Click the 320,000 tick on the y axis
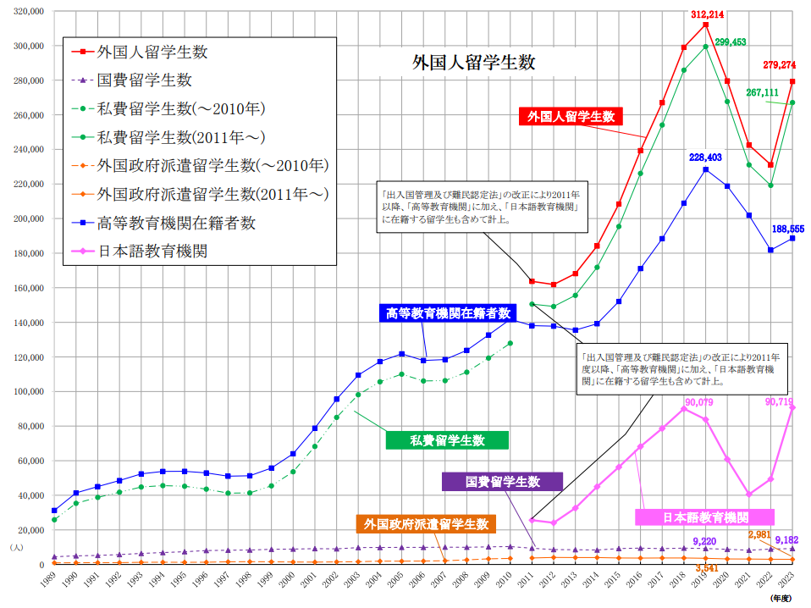pos(28,12)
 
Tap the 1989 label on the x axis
pos(52,583)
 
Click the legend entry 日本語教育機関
pos(152,251)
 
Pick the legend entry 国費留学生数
pos(144,80)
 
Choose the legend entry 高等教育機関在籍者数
pos(176,223)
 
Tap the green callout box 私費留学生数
pos(447,440)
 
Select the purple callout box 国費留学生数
pos(503,482)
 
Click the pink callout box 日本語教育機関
pos(705,517)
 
